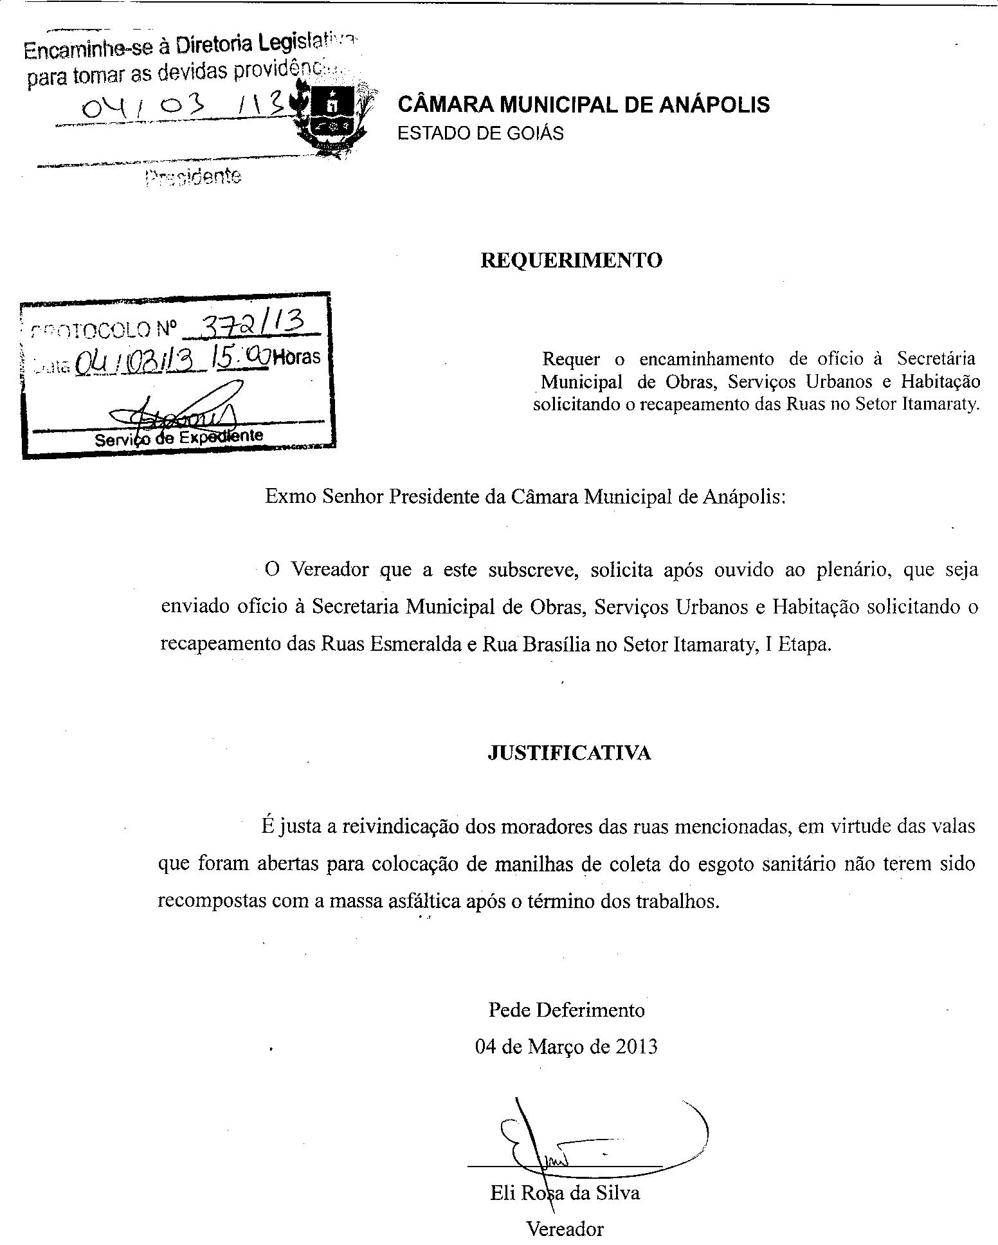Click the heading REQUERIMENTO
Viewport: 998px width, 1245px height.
coord(571,260)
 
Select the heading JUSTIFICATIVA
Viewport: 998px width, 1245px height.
coord(569,753)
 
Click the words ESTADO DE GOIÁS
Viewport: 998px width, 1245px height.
coord(480,133)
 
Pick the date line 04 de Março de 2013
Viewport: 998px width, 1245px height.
coord(567,1047)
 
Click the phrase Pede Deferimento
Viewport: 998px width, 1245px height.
coord(567,1010)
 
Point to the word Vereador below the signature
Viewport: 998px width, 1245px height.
coord(565,1229)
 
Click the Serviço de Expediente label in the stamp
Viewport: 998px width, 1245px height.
coord(179,437)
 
